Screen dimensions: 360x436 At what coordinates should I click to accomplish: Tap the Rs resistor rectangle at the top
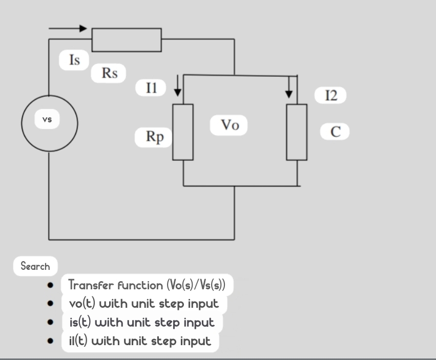tap(127, 40)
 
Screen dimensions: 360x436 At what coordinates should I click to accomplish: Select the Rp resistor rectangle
tap(183, 132)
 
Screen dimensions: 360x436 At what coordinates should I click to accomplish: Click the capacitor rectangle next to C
tap(297, 132)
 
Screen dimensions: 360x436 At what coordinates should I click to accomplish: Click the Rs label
tap(109, 74)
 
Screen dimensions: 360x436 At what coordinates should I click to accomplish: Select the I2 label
tap(331, 95)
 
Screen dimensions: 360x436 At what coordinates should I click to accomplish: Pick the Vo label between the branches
tap(230, 125)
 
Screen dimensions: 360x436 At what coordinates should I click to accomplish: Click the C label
tap(335, 132)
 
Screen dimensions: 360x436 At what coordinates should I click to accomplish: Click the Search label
tap(35, 266)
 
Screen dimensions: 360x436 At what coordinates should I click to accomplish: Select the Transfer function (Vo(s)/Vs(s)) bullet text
tap(147, 284)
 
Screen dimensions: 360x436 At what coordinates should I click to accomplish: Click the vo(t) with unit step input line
tap(144, 303)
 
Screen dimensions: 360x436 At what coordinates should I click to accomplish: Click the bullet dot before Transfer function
tap(50, 285)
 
